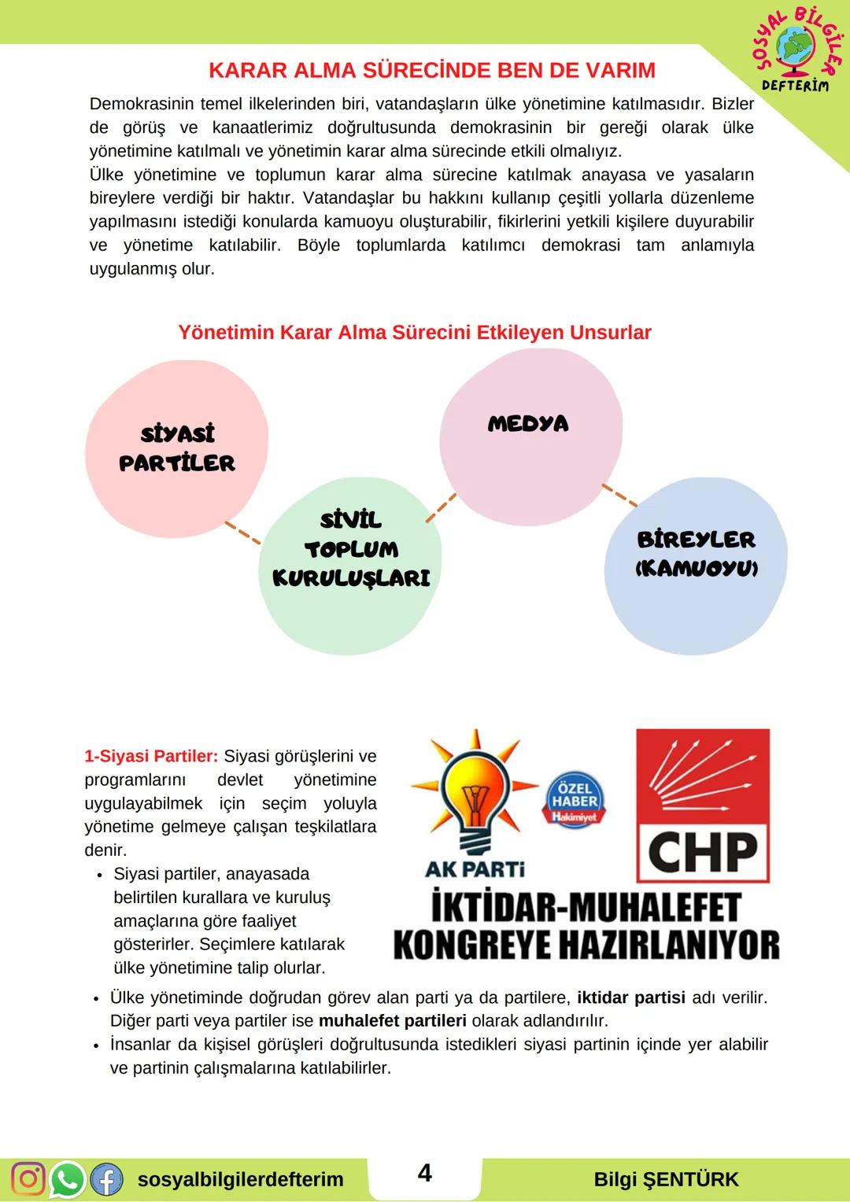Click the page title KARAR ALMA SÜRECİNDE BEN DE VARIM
coord(431,70)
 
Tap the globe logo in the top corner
coord(796,49)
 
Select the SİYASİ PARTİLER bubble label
coord(177,448)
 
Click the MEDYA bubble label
coord(528,424)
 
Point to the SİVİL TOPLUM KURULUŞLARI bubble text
coord(351,549)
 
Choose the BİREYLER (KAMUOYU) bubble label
coord(696,553)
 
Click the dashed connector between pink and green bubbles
coord(242,533)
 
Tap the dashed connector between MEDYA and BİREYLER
coord(619,495)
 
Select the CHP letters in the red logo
coord(702,853)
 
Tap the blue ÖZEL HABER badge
coord(575,801)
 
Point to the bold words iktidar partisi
coord(631,998)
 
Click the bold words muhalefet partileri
coord(393,1021)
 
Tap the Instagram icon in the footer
coord(28,1179)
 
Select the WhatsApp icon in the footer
coord(67,1179)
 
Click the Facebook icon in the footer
coord(106,1179)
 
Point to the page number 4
coord(424,1173)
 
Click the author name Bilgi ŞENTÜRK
coord(666,1180)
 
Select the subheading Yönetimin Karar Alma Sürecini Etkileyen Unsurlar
coord(415,333)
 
